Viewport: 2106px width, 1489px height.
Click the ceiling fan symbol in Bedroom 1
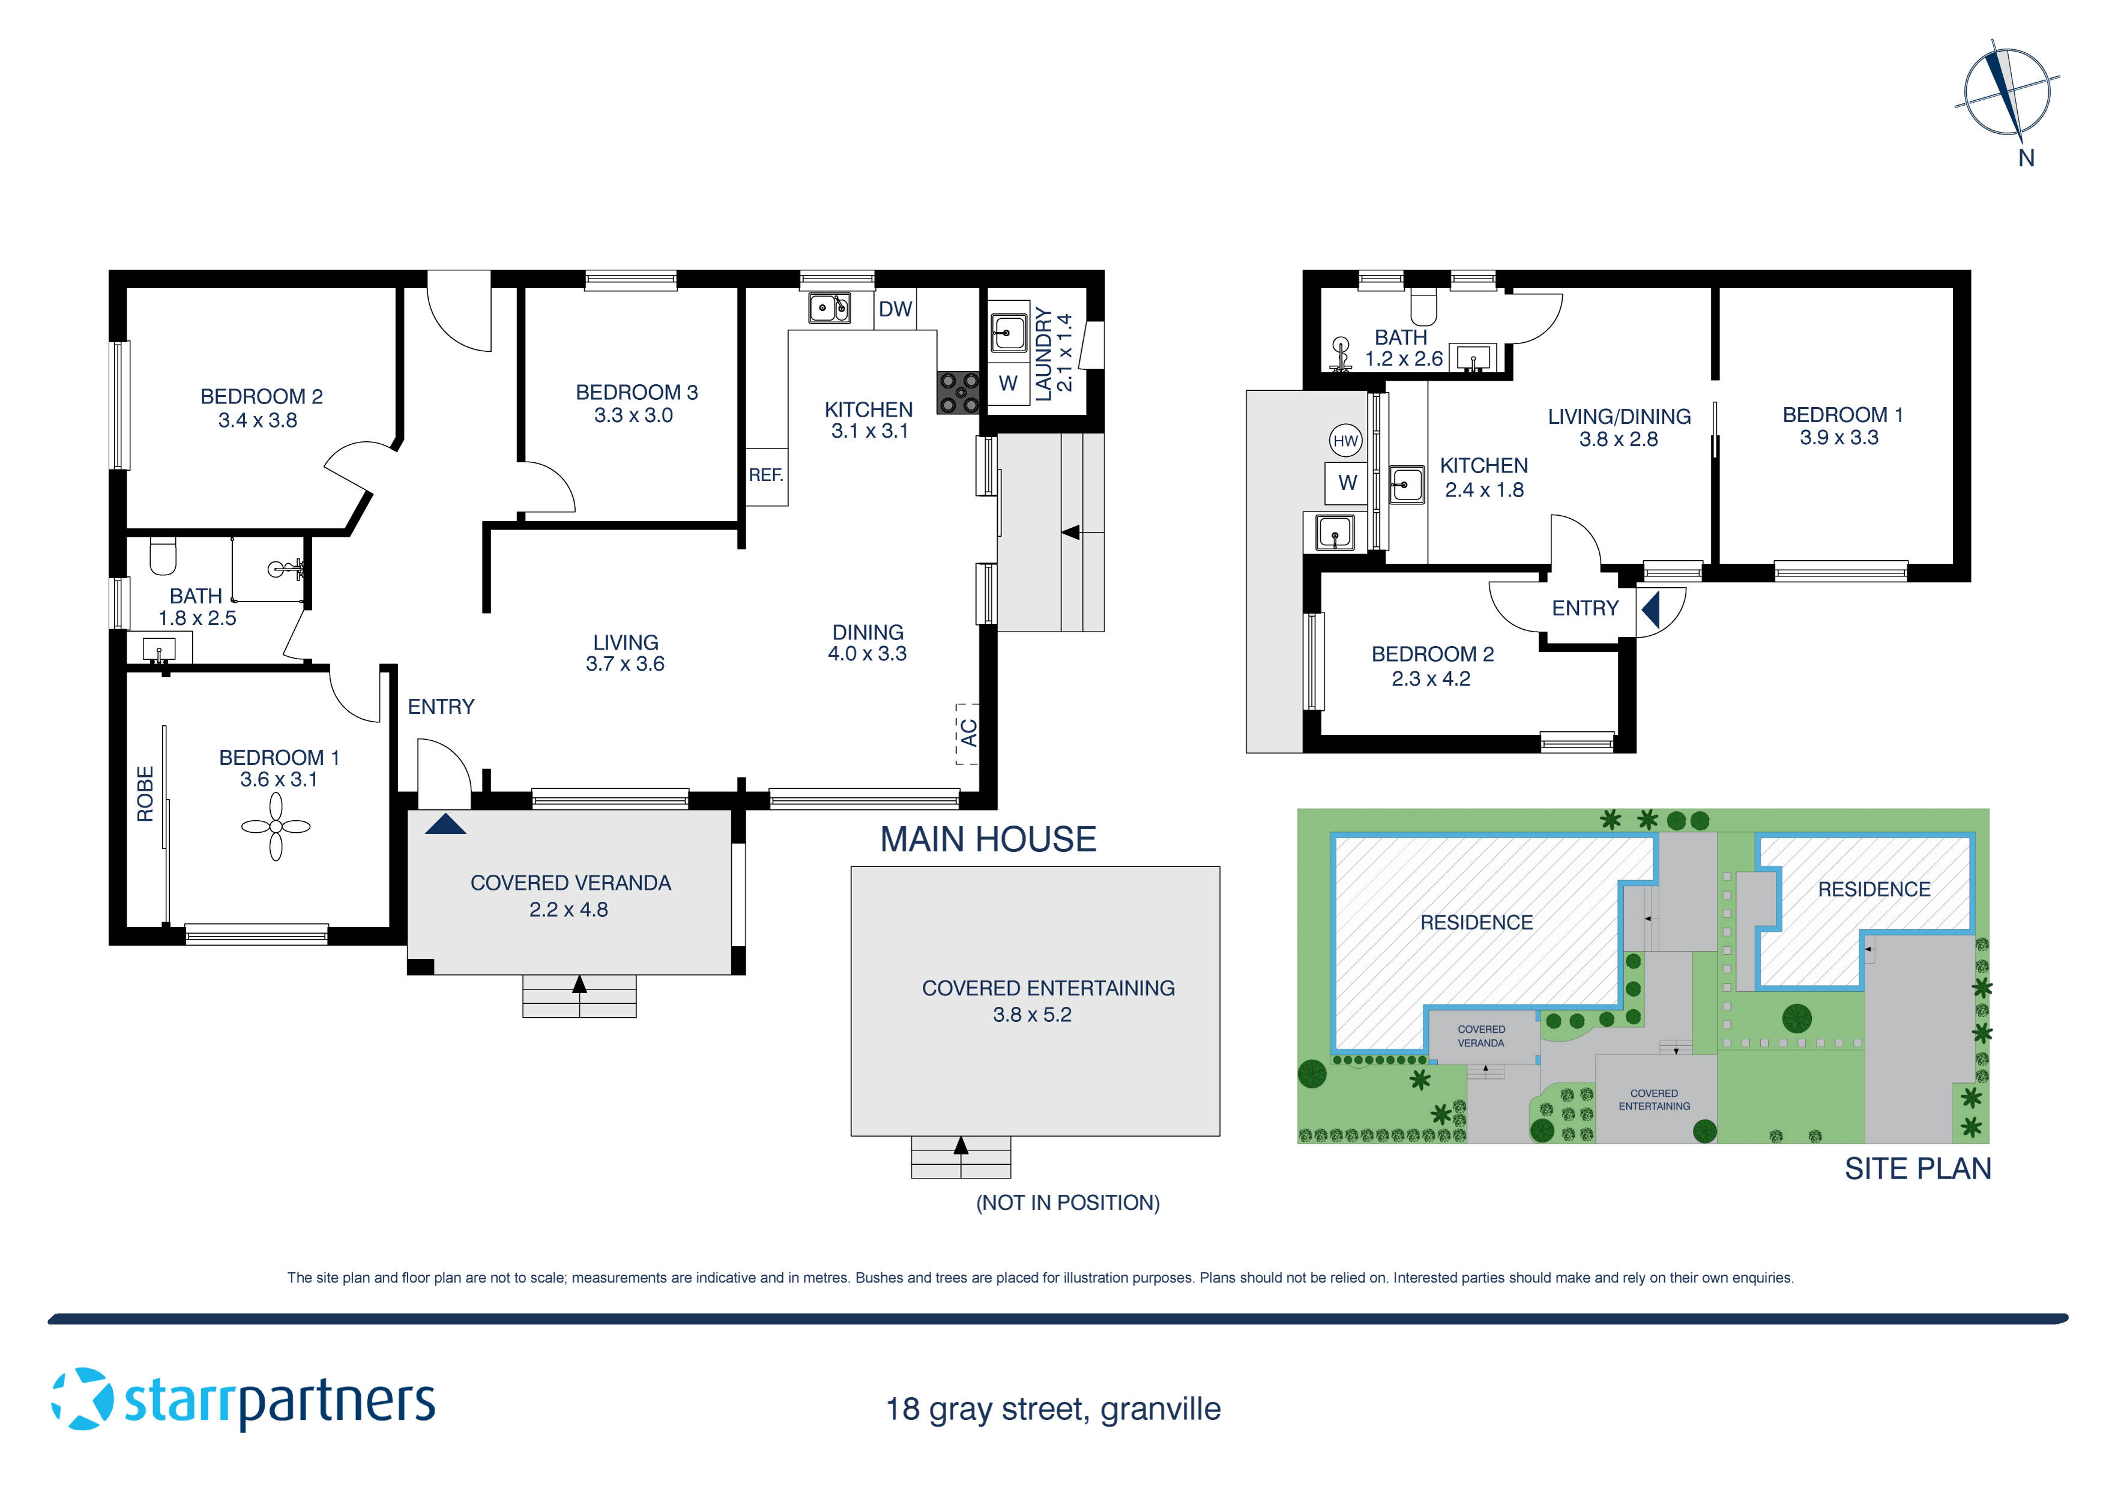pos(275,827)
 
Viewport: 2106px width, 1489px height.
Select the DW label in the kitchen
pos(895,309)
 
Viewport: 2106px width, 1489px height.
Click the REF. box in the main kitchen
pos(766,476)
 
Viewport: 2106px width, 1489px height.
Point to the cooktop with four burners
pos(959,393)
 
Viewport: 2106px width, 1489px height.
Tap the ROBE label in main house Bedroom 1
pos(145,794)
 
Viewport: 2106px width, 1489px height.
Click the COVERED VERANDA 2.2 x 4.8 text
pos(570,895)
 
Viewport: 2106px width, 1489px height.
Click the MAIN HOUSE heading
pos(988,839)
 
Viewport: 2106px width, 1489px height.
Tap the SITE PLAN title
pos(1917,1169)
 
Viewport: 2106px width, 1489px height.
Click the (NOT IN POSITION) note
pos(1067,1203)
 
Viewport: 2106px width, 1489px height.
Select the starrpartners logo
pos(243,1400)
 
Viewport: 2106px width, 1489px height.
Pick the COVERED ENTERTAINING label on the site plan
pos(1654,1100)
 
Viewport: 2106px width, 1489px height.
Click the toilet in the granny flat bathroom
pos(1423,306)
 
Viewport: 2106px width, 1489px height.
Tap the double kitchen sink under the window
pos(829,307)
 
